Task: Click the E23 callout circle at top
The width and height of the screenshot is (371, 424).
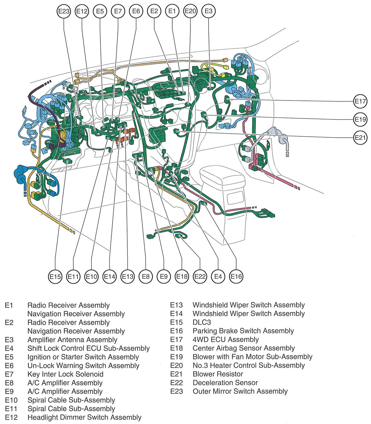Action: (x=64, y=11)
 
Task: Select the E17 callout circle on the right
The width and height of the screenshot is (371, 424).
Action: (x=360, y=101)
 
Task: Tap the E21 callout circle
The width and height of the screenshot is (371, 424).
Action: (x=360, y=137)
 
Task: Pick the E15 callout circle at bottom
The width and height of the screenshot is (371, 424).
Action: (x=55, y=276)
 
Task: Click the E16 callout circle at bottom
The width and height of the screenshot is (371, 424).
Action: (x=236, y=276)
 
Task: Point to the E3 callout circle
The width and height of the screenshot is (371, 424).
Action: (x=209, y=11)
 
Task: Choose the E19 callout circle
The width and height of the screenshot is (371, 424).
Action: (x=360, y=119)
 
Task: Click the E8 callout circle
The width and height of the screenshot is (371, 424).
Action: (x=146, y=276)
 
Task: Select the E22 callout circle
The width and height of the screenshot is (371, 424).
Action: (x=200, y=276)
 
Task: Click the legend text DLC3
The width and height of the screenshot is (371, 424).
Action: (x=202, y=322)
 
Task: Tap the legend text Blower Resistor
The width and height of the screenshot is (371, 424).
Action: (x=218, y=374)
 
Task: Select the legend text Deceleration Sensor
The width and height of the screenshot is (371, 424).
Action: (x=225, y=383)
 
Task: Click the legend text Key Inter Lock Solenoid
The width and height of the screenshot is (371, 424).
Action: (x=65, y=374)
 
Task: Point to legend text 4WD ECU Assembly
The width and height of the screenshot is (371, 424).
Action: (x=225, y=340)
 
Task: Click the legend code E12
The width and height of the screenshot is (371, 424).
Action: (x=11, y=418)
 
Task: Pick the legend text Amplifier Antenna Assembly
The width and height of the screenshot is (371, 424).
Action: (x=72, y=340)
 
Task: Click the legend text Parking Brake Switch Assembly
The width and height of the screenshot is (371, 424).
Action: (x=243, y=331)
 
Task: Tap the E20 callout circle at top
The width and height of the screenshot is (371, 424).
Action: (x=190, y=11)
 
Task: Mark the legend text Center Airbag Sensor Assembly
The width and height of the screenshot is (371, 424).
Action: (x=243, y=348)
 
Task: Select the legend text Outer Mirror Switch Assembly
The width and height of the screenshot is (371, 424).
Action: (x=240, y=392)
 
